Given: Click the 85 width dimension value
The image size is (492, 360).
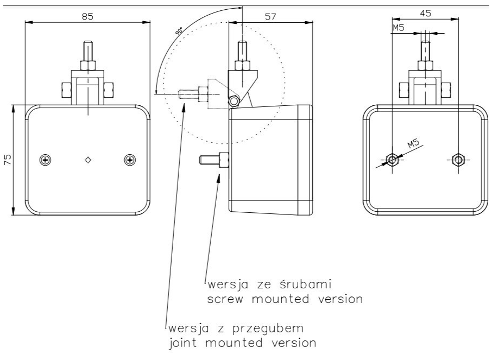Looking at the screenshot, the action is tap(87, 16).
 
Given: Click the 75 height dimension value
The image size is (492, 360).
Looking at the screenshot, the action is tap(8, 160).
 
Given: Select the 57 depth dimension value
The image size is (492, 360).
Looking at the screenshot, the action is tap(270, 16).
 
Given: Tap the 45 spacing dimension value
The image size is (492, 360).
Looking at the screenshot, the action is tap(425, 13).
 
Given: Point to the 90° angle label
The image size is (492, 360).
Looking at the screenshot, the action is tap(180, 31).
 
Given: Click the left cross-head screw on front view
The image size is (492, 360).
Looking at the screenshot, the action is tap(46, 160).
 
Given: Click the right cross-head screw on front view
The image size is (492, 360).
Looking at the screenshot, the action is tap(130, 160).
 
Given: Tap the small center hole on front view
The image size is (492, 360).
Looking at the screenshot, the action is tap(88, 160).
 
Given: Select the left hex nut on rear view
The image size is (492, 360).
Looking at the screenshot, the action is tap(392, 160).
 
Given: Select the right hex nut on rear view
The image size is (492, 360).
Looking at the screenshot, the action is tap(458, 160).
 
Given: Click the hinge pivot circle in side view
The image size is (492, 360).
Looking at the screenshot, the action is tap(234, 101).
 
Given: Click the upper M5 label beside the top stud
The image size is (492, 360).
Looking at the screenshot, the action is tap(399, 28).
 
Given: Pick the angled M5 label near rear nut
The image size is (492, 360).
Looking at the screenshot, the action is tap(414, 144).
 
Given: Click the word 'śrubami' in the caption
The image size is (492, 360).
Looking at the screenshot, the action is tap(305, 285).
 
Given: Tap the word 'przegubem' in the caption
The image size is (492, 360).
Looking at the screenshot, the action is tap(269, 329).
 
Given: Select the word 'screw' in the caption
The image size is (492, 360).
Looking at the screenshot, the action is tap(225, 299).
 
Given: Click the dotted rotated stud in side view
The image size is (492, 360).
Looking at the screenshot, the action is tap(193, 94).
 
